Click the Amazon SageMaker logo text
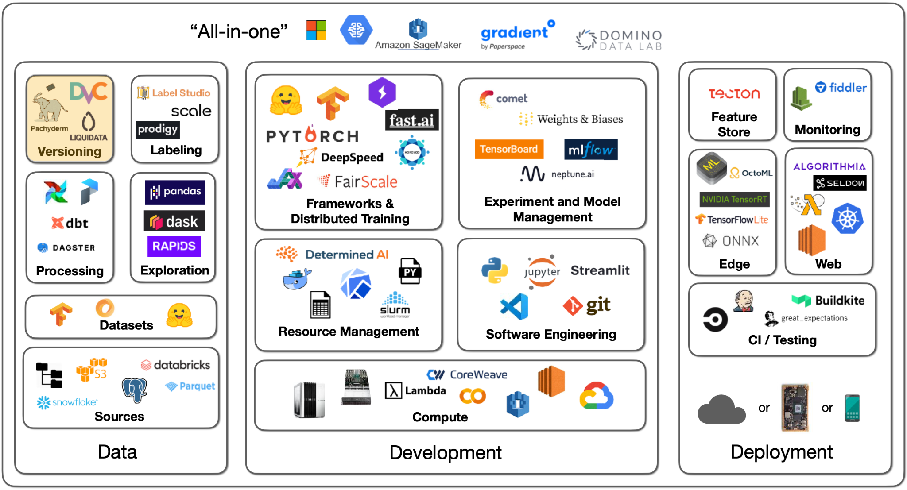[x=418, y=45]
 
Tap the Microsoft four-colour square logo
[x=316, y=30]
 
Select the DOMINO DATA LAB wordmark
[x=619, y=40]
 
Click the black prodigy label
[x=158, y=129]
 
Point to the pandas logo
[x=175, y=192]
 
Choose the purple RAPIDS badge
[x=174, y=246]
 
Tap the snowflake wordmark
[x=67, y=402]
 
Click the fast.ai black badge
[x=412, y=120]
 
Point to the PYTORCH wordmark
[x=312, y=135]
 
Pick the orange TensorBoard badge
[x=509, y=149]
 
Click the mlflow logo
[x=591, y=150]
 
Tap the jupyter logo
[x=542, y=271]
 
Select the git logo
[x=587, y=305]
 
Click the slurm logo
[x=395, y=305]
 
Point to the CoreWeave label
[x=467, y=374]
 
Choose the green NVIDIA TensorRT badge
[x=734, y=199]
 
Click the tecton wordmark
[x=734, y=93]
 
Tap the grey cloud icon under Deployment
[x=721, y=409]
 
